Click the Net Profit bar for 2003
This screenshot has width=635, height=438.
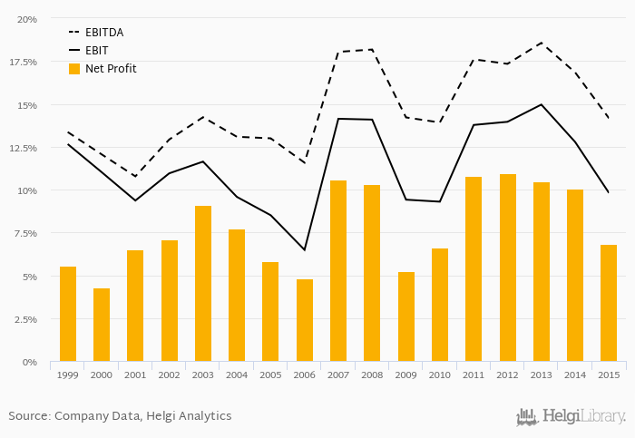203,284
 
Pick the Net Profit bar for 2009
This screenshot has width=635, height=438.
406,316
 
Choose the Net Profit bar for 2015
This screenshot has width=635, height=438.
609,303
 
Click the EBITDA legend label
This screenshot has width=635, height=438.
104,33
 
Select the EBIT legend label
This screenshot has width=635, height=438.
98,51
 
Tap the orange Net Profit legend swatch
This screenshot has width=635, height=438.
74,69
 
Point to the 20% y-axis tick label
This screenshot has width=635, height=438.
27,19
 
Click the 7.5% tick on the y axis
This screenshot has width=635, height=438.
24,233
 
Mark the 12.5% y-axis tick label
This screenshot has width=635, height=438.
23,148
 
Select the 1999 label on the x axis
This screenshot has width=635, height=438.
68,374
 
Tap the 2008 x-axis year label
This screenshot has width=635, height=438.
372,374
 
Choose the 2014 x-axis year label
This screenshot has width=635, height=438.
575,374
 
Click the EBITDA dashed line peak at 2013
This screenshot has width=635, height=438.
542,43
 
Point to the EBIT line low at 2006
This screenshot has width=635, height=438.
305,249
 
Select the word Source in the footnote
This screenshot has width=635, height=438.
28,416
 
